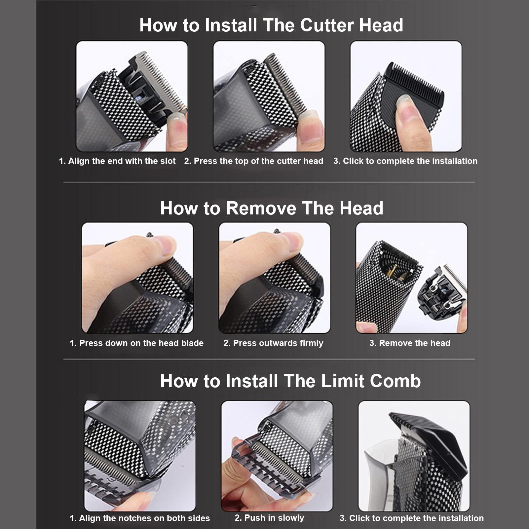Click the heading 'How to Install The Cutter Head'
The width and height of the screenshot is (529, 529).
point(271,25)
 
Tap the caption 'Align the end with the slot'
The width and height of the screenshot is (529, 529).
point(117,161)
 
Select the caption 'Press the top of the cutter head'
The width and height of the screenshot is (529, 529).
point(254,161)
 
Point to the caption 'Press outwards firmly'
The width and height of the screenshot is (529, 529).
point(273,343)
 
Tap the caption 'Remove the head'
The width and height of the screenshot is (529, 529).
point(410,343)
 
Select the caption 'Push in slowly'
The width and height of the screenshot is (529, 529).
point(269,518)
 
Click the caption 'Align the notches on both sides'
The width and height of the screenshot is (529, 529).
point(140,518)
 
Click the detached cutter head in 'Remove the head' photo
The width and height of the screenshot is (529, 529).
point(441,294)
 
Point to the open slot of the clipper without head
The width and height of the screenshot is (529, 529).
point(397,271)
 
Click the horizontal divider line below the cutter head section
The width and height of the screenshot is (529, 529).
point(269,182)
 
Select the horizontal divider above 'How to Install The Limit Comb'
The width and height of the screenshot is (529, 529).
point(269,359)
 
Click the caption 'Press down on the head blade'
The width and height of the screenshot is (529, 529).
point(136,343)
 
